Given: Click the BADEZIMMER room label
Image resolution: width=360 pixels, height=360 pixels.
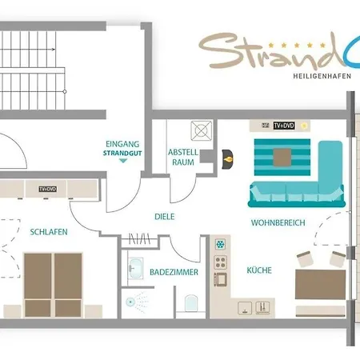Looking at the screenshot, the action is (x=174, y=272).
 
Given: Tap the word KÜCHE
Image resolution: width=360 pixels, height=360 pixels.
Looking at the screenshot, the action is (x=259, y=270).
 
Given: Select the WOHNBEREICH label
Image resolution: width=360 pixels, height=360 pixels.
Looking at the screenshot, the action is (x=278, y=222).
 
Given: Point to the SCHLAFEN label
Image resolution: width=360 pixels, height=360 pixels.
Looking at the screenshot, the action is (x=49, y=232).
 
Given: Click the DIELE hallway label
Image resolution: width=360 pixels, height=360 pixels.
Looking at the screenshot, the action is (x=165, y=217).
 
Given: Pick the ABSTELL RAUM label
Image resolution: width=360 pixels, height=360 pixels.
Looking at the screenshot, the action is (x=183, y=157).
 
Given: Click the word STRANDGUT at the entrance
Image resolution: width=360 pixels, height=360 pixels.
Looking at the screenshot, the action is (x=122, y=153).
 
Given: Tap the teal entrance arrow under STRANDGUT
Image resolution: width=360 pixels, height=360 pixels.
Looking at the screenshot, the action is (x=123, y=161).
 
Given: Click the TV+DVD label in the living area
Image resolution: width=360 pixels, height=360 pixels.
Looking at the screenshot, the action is (x=284, y=126).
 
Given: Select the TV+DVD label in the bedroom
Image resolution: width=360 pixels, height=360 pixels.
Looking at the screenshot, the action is (x=48, y=189).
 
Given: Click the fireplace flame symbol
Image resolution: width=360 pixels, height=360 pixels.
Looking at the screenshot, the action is (x=229, y=159).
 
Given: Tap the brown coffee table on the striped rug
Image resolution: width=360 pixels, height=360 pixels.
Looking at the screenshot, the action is (x=282, y=158).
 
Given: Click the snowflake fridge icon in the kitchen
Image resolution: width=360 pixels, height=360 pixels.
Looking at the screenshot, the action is (x=220, y=244).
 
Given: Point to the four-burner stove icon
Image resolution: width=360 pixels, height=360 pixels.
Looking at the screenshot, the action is (x=221, y=262).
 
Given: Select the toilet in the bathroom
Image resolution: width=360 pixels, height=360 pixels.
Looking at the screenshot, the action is (x=191, y=303).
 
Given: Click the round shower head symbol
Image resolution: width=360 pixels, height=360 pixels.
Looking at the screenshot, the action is (x=130, y=302).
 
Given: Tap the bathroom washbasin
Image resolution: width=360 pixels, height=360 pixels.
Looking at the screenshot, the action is (x=135, y=268).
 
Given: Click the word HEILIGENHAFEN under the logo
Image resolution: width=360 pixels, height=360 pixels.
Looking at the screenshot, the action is (x=322, y=76).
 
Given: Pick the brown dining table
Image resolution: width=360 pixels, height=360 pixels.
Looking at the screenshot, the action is (x=321, y=285).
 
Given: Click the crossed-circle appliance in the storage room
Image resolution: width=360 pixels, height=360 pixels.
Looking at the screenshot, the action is (x=202, y=130).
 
